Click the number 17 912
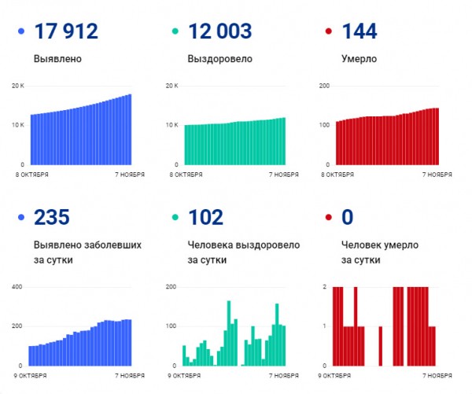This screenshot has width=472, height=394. [66, 32]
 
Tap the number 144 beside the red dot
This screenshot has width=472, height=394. [360, 32]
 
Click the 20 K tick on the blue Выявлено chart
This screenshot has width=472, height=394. [18, 85]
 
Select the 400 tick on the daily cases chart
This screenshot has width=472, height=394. [17, 286]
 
